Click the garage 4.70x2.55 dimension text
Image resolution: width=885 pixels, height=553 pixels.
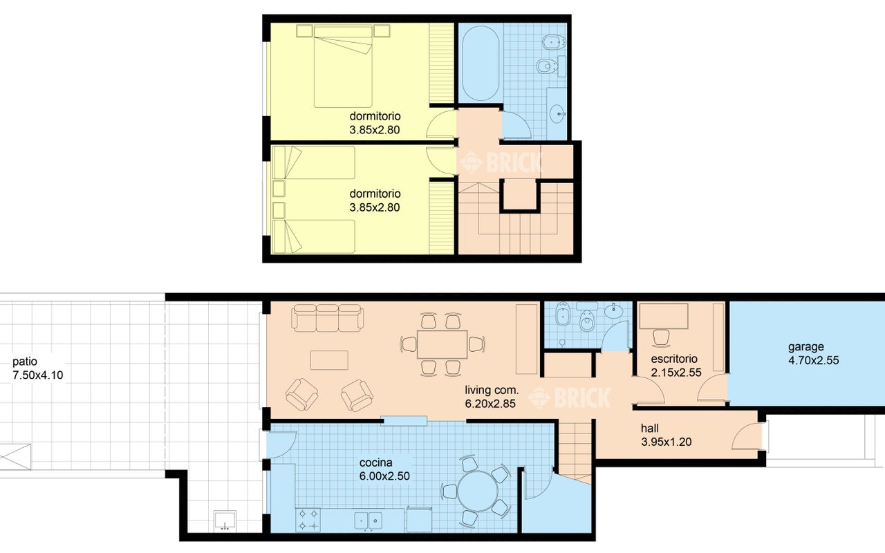[814, 360]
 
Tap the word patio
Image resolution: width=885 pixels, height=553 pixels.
[25, 362]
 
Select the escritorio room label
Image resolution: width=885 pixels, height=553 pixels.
[674, 359]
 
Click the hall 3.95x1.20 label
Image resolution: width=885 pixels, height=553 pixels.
[666, 435]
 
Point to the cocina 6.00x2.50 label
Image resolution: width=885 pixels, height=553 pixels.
[384, 469]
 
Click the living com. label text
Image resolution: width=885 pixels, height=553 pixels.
[492, 391]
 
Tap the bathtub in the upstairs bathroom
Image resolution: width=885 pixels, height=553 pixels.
[481, 63]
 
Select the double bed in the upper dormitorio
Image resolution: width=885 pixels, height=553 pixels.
[343, 66]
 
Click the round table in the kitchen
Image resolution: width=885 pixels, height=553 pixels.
[478, 491]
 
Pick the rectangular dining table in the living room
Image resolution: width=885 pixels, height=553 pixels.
[442, 344]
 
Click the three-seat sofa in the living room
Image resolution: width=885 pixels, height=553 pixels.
[328, 317]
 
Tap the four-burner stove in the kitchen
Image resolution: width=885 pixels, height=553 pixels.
[308, 519]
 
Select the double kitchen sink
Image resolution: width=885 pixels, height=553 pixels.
[369, 521]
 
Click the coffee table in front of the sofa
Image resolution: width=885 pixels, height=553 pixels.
[329, 360]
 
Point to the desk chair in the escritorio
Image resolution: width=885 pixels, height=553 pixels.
[661, 338]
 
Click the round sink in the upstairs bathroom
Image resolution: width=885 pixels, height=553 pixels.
[557, 114]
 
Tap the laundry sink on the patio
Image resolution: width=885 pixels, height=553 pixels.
[225, 521]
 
